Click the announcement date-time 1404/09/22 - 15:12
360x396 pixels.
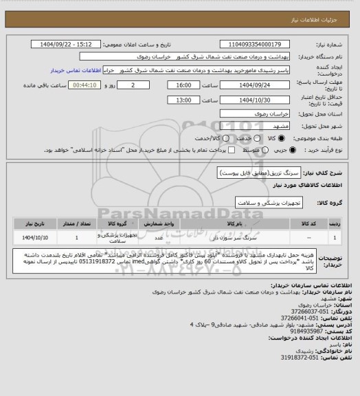click(67, 43)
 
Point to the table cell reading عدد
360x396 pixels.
click(158, 238)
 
